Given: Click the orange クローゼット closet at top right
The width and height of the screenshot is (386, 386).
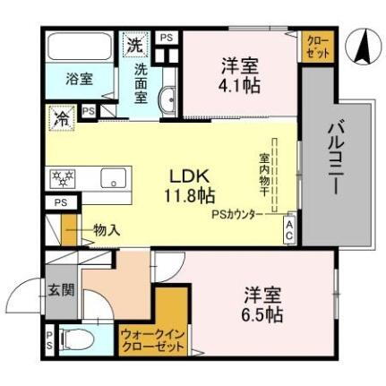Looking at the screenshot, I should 318,46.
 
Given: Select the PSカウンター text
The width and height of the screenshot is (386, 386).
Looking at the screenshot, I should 237,215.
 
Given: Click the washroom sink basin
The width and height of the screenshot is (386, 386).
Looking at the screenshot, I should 167,100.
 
